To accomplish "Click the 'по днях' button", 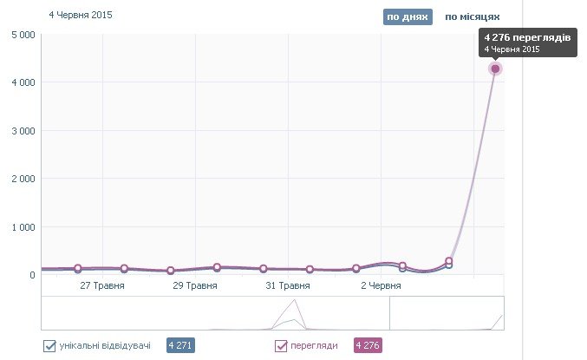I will pyautogui.click(x=407, y=16).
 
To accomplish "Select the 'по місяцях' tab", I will pyautogui.click(x=472, y=16).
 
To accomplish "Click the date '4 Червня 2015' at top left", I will pyautogui.click(x=81, y=15).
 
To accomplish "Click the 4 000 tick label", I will pyautogui.click(x=23, y=82).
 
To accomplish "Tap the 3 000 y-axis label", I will pyautogui.click(x=23, y=131).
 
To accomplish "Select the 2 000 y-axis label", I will pyautogui.click(x=23, y=179).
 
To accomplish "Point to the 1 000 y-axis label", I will pyautogui.click(x=23, y=227).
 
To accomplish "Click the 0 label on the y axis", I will pyautogui.click(x=32, y=275).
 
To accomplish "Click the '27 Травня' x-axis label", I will pyautogui.click(x=101, y=285).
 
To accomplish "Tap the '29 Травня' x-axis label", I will pyautogui.click(x=194, y=285).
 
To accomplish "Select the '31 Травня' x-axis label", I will pyautogui.click(x=287, y=285).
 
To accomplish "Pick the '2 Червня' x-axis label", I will pyautogui.click(x=379, y=285).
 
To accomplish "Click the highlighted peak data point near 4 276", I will pyautogui.click(x=495, y=69).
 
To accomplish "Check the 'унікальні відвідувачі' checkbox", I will pyautogui.click(x=50, y=346).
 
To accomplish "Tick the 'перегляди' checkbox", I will pyautogui.click(x=281, y=346).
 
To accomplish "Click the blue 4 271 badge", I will pyautogui.click(x=181, y=345).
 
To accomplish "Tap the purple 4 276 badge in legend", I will pyautogui.click(x=368, y=345).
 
